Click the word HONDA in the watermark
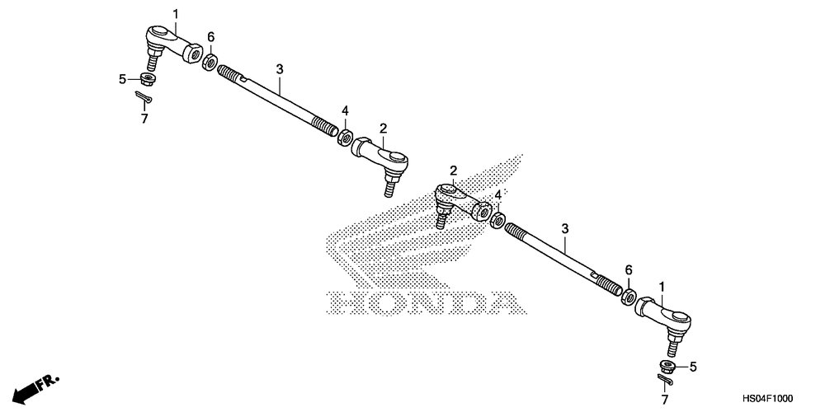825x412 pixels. (x=426, y=302)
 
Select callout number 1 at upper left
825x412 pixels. (x=176, y=12)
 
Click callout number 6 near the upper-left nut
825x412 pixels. (x=211, y=37)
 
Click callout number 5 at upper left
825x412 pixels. (x=122, y=79)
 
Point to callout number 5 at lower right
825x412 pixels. (x=693, y=367)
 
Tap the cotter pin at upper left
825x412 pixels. (x=144, y=99)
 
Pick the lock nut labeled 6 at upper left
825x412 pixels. (x=211, y=62)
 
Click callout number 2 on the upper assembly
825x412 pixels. (x=384, y=128)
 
